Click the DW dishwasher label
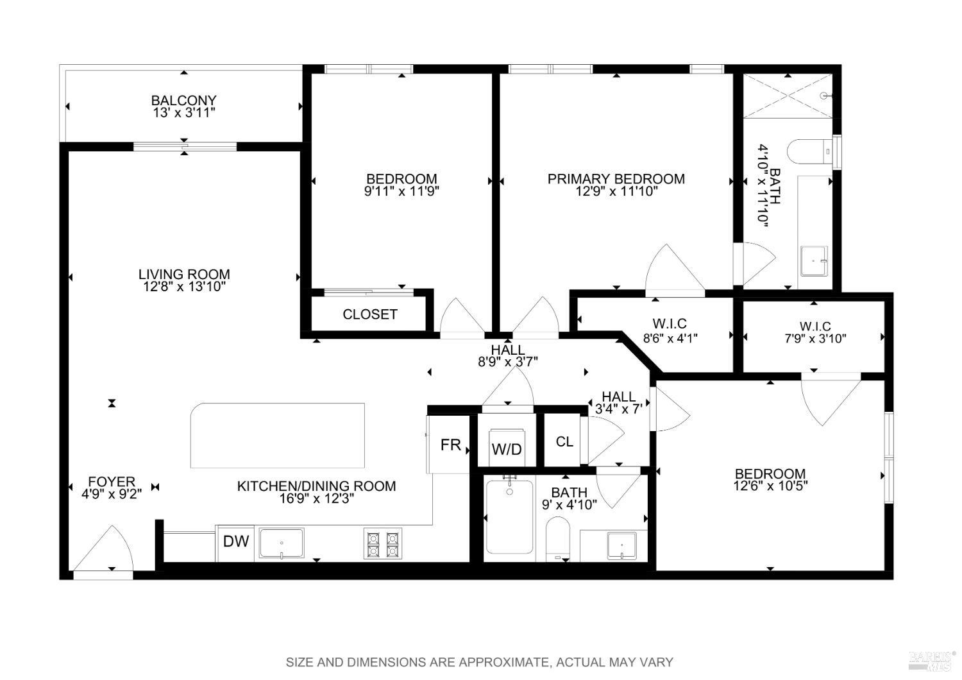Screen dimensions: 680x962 pos(236,541)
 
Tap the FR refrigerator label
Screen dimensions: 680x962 pos(450,445)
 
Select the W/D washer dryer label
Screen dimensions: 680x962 pos(507,450)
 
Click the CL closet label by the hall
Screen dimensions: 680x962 pos(564,442)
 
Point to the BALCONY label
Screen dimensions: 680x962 pos(183,101)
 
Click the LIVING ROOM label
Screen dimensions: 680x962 pos(184,275)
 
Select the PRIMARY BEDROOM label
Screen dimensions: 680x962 pos(616,179)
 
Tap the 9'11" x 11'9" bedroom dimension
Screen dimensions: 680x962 pos(401,191)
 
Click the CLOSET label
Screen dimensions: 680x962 pos(370,314)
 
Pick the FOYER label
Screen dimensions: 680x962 pos(112,481)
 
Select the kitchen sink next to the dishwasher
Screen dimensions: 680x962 pos(282,544)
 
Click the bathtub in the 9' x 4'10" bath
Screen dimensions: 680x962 pos(509,517)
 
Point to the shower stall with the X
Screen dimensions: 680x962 pos(788,96)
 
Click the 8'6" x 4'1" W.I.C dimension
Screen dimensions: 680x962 pos(670,337)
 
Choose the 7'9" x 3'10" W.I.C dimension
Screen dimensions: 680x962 pos(815,339)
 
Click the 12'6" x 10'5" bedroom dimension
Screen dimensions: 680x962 pos(770,486)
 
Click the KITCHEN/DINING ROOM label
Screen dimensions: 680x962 pos(316,486)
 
